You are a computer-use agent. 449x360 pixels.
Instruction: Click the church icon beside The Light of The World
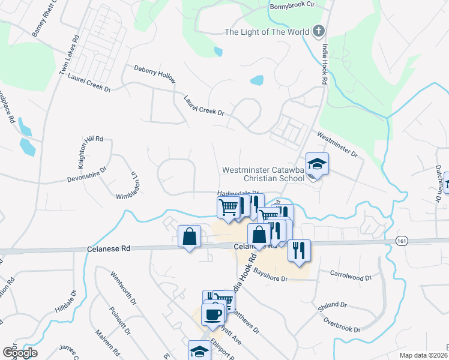tap(319, 31)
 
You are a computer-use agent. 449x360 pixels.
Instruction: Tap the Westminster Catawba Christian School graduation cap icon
tap(317, 163)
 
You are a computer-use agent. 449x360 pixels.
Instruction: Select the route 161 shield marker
tap(402, 241)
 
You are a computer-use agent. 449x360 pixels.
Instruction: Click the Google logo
tap(20, 352)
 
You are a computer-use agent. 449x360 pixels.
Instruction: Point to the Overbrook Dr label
tap(342, 325)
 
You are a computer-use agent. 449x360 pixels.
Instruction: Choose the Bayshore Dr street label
tap(271, 276)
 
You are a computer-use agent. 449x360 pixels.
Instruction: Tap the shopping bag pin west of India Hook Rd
tap(189, 235)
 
